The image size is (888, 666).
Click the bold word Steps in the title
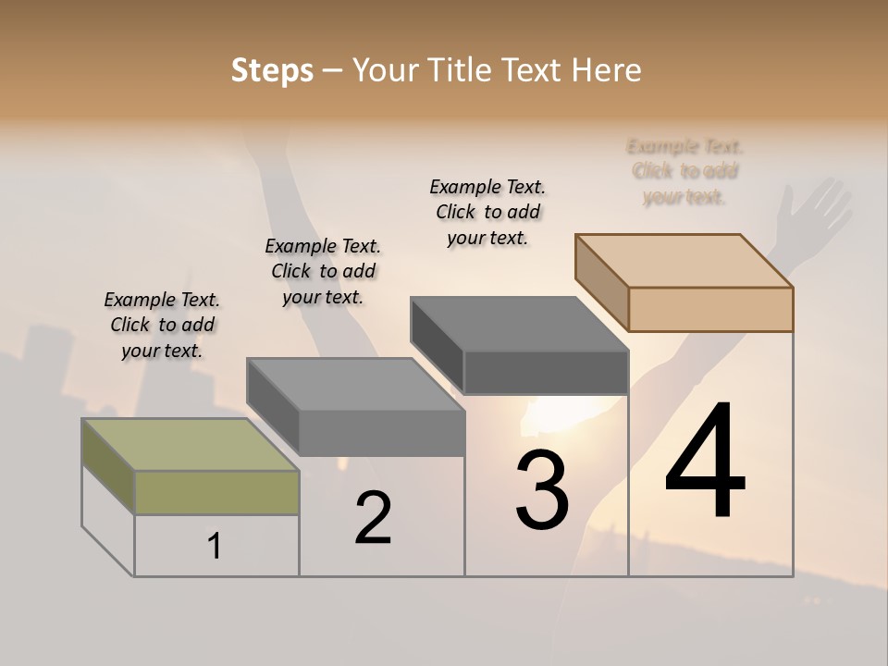[272, 70]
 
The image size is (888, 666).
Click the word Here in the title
[607, 70]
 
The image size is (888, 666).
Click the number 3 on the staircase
[542, 490]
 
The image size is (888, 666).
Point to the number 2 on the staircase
[373, 518]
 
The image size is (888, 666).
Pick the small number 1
[215, 547]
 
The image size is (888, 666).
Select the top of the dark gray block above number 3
[518, 324]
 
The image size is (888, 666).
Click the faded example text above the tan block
[684, 171]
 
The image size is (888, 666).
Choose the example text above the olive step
[162, 325]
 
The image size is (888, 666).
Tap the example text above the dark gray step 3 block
[487, 212]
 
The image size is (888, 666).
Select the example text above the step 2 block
[323, 271]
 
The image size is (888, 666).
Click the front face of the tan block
[710, 309]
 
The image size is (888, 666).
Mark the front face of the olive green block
[216, 492]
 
